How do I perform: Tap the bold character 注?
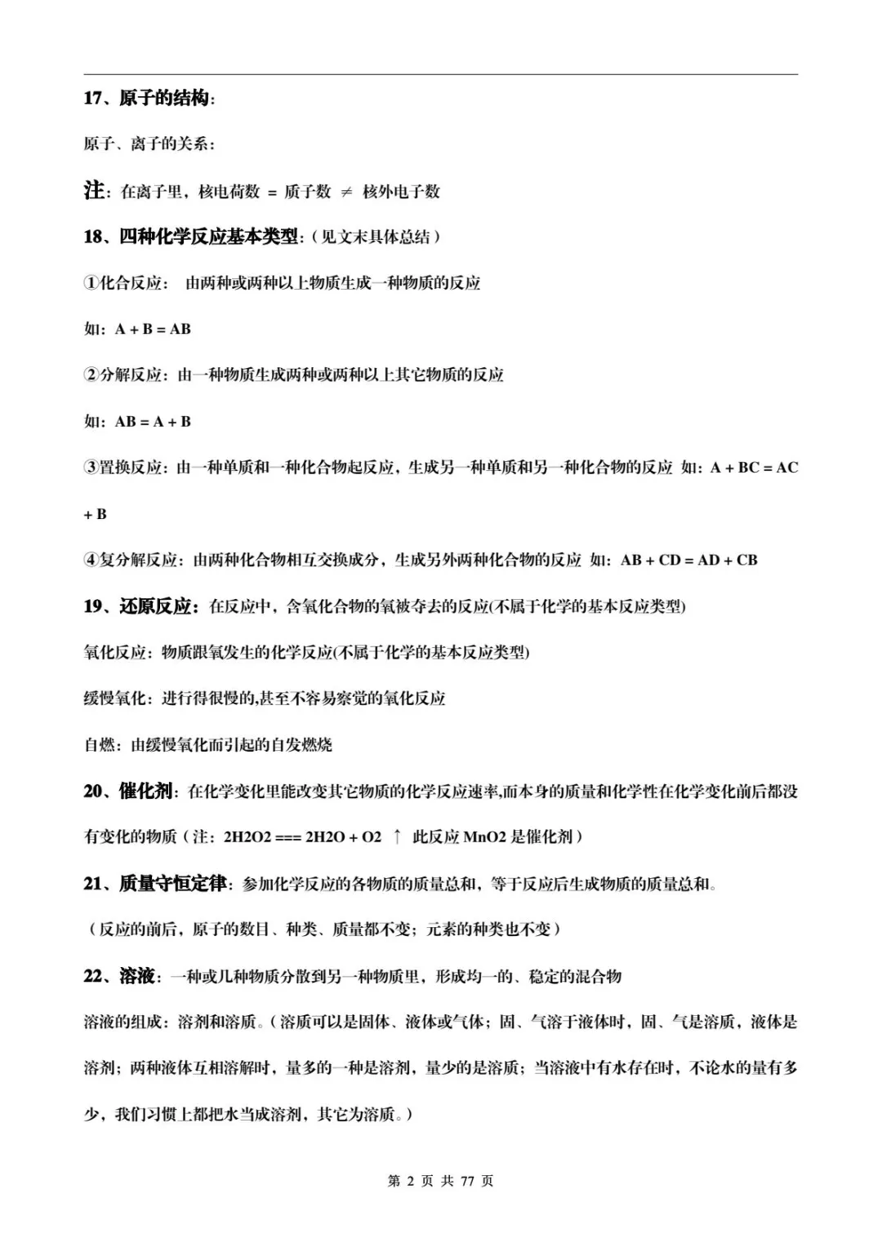point(94,191)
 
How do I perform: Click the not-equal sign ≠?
point(346,192)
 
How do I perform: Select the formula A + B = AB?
point(153,329)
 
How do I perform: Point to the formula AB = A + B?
point(153,422)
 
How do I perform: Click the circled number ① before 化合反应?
point(91,283)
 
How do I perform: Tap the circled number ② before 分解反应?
point(91,375)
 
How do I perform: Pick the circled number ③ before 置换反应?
point(91,468)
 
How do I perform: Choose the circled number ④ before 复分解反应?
point(91,560)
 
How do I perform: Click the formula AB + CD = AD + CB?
point(688,560)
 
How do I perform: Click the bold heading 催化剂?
point(145,791)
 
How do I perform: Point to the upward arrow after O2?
point(397,837)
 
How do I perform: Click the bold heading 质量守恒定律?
point(173,883)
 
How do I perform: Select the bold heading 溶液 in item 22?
point(136,975)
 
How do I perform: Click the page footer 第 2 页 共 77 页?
point(440,1181)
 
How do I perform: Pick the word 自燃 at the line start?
point(100,745)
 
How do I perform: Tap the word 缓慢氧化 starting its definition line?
point(115,699)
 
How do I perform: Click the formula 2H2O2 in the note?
point(247,837)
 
